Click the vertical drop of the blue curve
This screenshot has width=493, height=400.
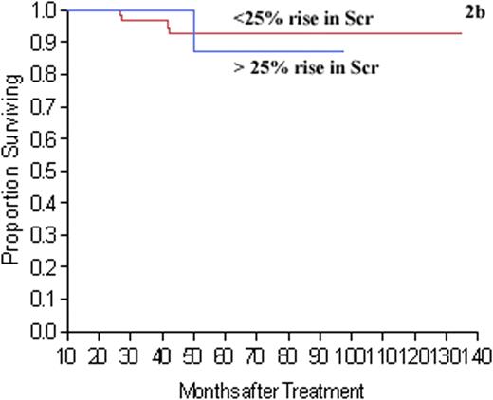click(194, 31)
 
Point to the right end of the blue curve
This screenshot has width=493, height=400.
click(343, 51)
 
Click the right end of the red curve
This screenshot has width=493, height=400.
click(461, 33)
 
